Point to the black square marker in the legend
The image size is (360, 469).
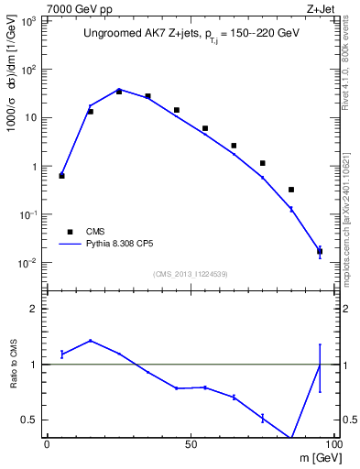69,232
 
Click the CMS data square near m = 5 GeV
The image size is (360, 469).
61,175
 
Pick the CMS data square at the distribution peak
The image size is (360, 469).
119,92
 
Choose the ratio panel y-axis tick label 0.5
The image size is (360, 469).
29,420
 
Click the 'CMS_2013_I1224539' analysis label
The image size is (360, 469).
191,274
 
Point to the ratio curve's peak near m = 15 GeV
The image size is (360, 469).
90,341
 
